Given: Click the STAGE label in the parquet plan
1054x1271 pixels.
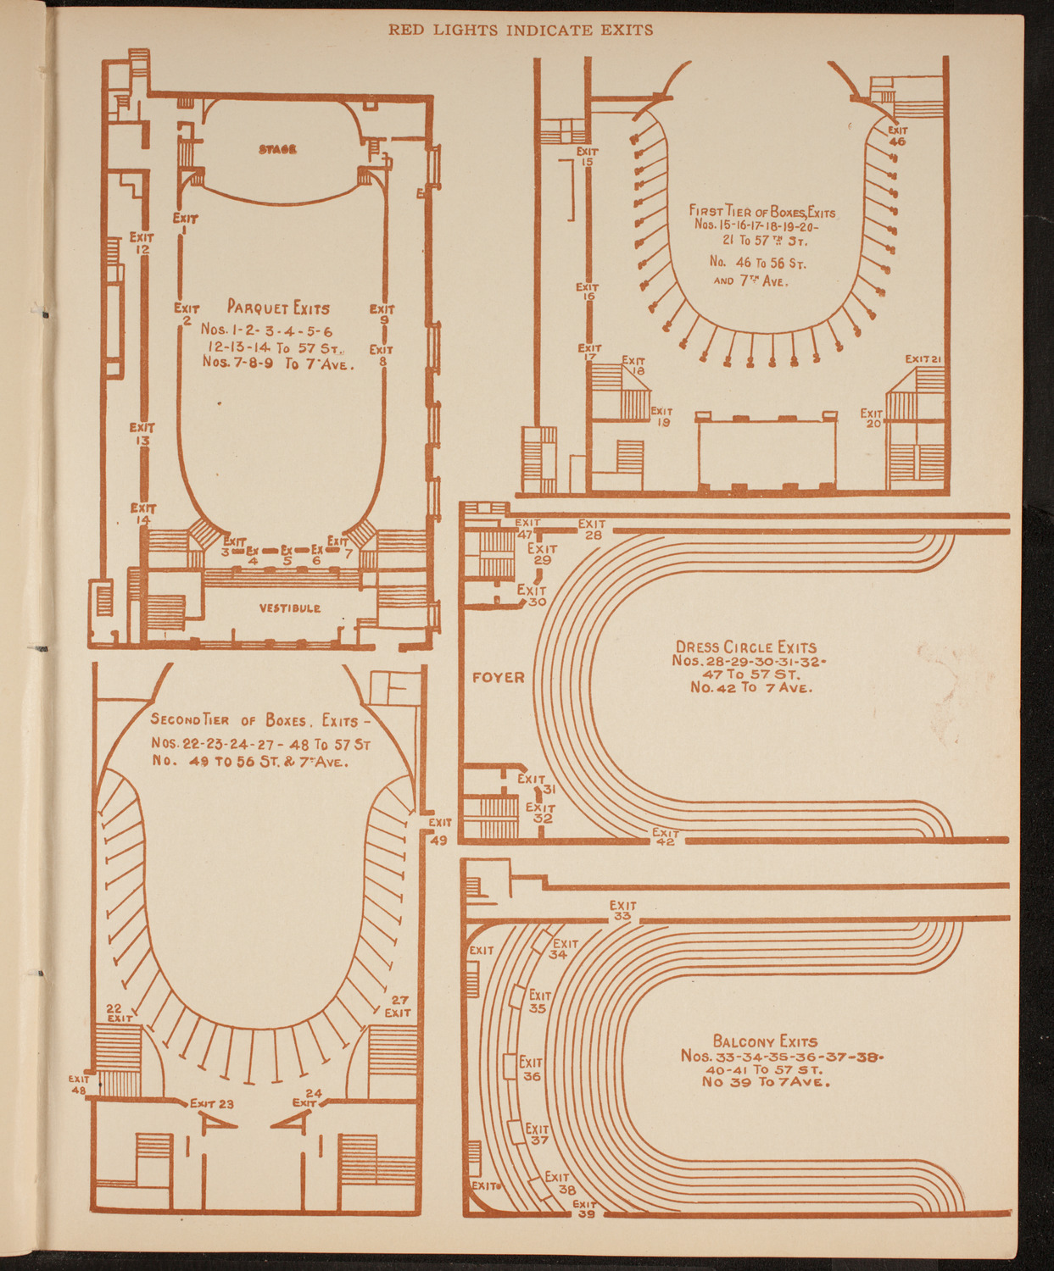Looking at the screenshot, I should click(277, 149).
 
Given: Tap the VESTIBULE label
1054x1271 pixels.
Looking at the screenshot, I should click(289, 608).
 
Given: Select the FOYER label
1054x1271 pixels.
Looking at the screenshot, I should click(498, 677).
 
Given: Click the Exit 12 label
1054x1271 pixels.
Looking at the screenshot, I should click(142, 244).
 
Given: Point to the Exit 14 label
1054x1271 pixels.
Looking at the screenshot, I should click(142, 513).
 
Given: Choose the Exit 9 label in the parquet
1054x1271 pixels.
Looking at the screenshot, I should click(382, 314).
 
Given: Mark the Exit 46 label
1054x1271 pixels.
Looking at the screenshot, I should click(897, 136).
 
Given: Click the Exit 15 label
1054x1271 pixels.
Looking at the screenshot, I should click(587, 157).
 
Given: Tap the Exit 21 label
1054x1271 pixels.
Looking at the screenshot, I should click(923, 358).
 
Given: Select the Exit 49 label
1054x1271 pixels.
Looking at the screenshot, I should click(439, 831).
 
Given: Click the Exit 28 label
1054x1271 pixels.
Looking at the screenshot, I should click(592, 530).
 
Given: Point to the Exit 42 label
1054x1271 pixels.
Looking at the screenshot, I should click(665, 837).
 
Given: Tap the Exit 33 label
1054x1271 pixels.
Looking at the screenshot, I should click(622, 911).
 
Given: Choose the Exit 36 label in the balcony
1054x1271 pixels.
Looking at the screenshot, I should click(531, 1069).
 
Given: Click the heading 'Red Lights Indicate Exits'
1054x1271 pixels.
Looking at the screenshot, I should click(521, 30).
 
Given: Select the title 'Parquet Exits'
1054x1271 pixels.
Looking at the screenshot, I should click(277, 308).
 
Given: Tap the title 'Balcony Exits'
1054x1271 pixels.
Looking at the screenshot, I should click(765, 1041).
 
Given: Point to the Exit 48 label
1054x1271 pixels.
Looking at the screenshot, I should click(80, 1085).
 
